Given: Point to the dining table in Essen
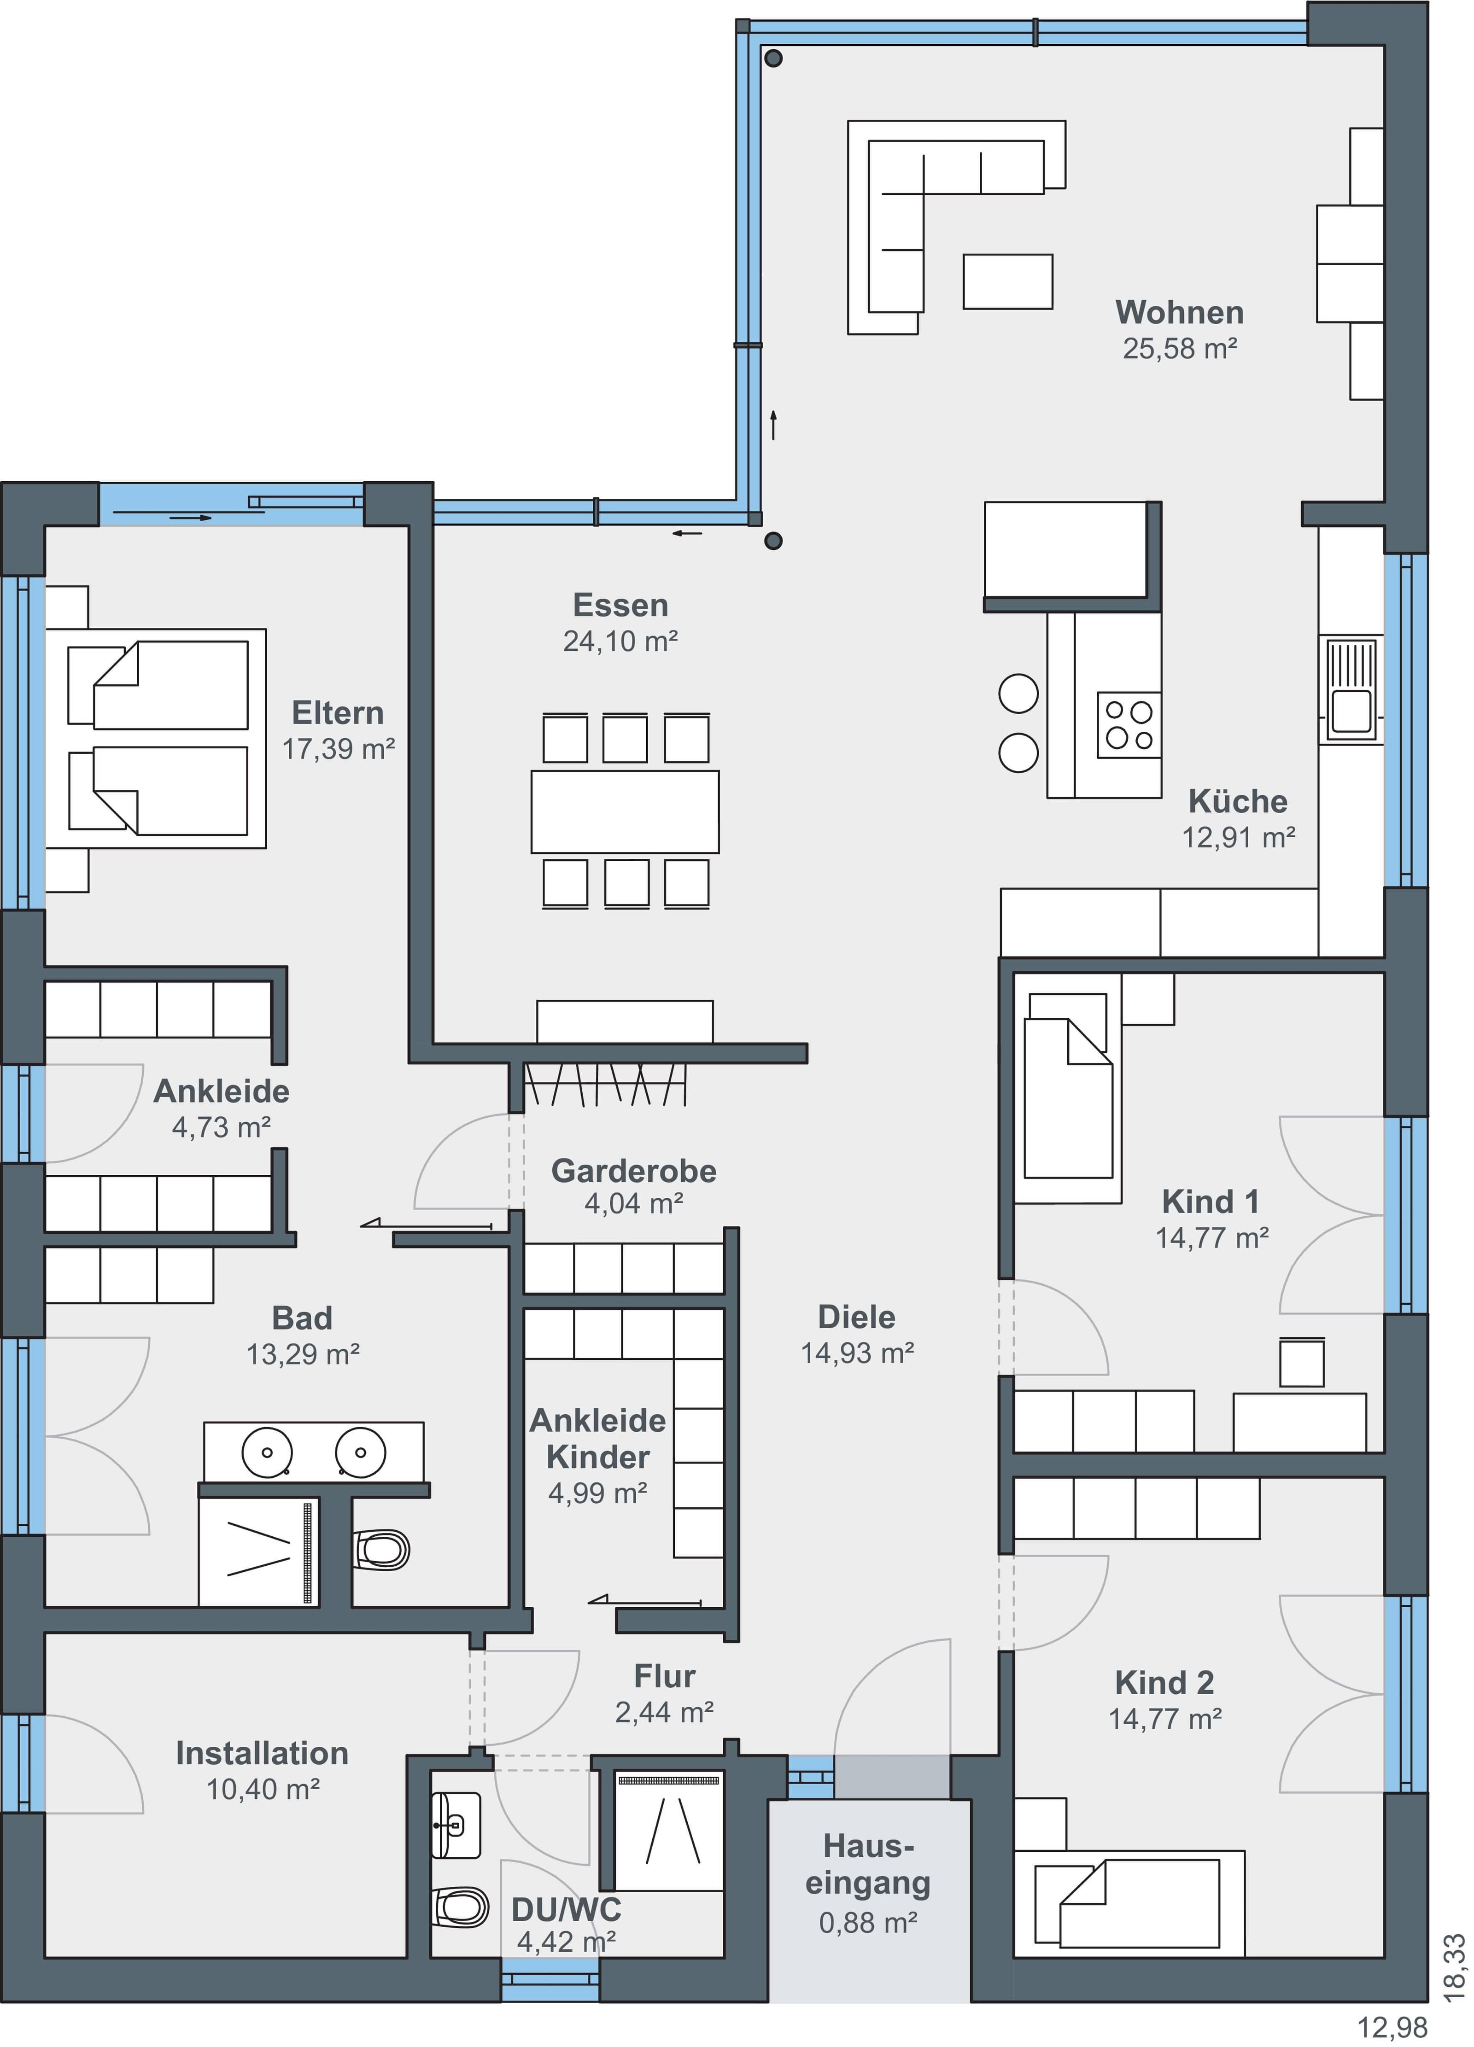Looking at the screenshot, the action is click(625, 811).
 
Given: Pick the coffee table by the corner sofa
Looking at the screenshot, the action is click(1007, 281).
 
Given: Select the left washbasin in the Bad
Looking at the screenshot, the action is click(267, 1452).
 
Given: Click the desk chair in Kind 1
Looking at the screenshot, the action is click(1302, 1363).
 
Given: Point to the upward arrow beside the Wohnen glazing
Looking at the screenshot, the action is click(773, 424).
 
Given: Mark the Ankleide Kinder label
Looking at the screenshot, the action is click(597, 1439).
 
